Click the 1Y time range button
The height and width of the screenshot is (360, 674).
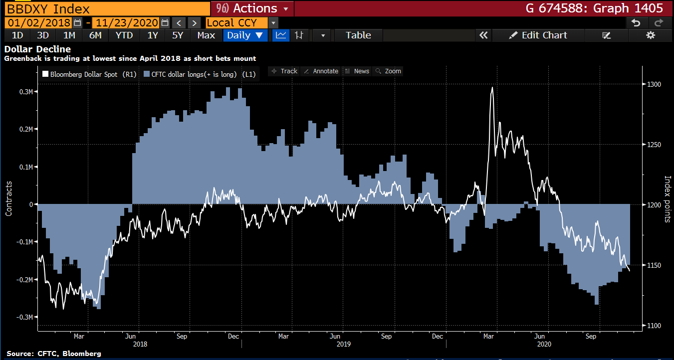click(x=152, y=35)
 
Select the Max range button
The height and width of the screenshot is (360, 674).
click(x=206, y=35)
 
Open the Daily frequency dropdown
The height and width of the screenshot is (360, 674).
click(x=245, y=35)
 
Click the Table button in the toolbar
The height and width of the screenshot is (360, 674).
click(x=358, y=35)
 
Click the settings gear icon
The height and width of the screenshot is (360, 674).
click(x=650, y=35)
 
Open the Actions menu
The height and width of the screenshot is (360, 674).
click(x=252, y=8)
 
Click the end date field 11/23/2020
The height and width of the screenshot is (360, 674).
click(x=126, y=23)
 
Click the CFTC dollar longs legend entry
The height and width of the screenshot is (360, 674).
click(x=200, y=74)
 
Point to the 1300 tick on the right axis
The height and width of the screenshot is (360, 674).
click(x=654, y=84)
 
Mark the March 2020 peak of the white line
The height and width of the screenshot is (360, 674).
click(x=492, y=88)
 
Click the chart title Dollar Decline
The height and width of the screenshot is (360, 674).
click(x=37, y=49)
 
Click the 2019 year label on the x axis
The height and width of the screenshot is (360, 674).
click(x=343, y=344)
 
